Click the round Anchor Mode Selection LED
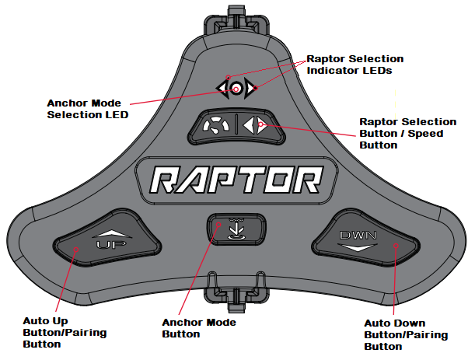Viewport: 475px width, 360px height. tap(236, 89)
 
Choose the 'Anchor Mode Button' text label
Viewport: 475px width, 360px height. tap(198, 327)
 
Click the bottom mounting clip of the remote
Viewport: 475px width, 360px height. tap(236, 292)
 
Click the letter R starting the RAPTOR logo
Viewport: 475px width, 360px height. tap(164, 182)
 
